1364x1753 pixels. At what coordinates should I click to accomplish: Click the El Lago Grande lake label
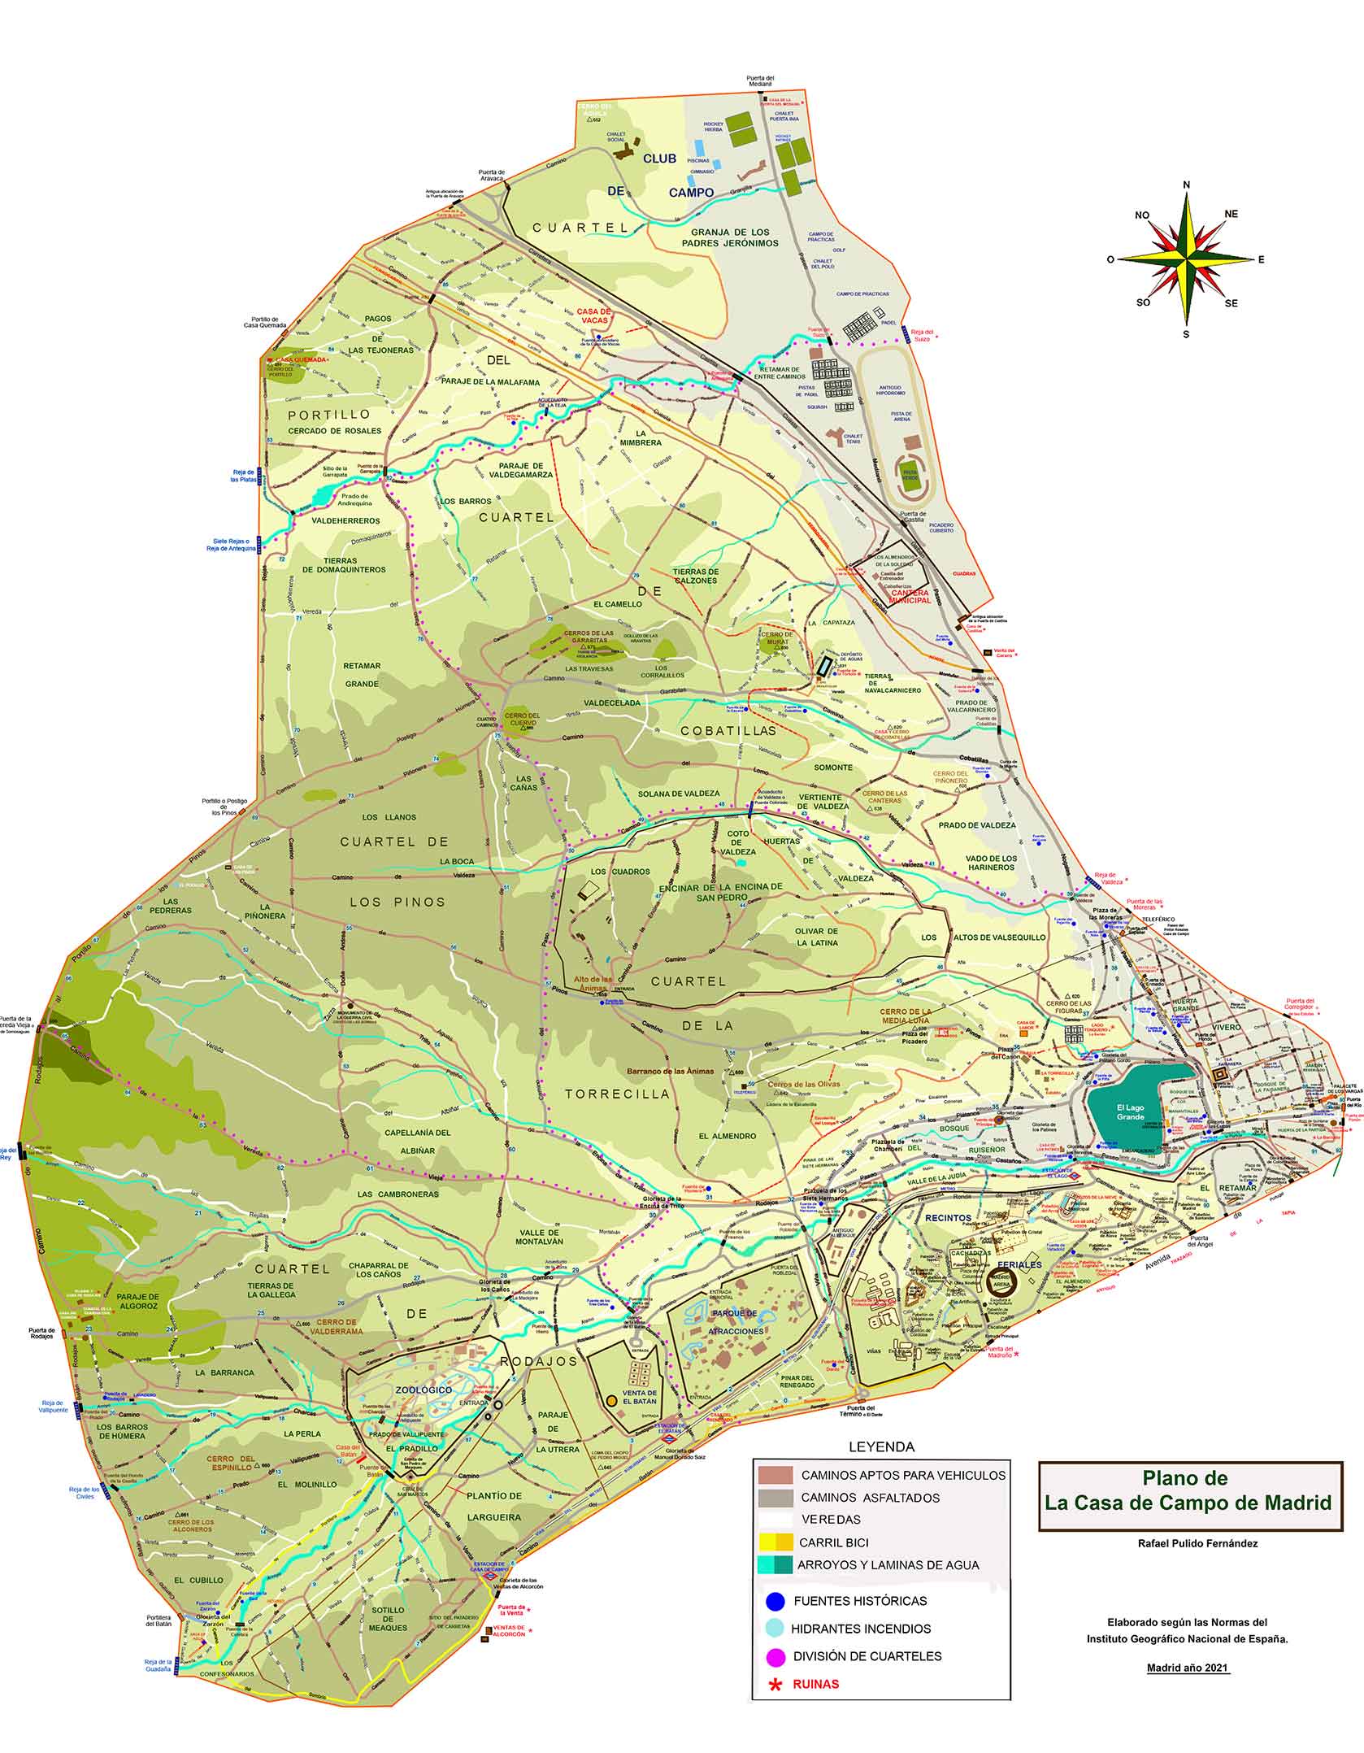coord(1130,1112)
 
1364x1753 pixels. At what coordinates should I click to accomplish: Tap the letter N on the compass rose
coord(1186,185)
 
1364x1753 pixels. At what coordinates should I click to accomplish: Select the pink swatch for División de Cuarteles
coord(775,1655)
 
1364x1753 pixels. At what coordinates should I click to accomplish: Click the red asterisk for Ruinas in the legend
coord(775,1684)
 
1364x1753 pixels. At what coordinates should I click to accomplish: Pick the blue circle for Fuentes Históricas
coord(775,1601)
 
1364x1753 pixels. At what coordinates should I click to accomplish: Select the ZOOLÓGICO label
coord(424,1390)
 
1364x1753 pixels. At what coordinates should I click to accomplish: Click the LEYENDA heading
coord(881,1446)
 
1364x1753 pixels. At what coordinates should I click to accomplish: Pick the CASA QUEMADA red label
coord(300,359)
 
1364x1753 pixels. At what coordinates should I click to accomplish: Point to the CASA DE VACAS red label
coord(593,315)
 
